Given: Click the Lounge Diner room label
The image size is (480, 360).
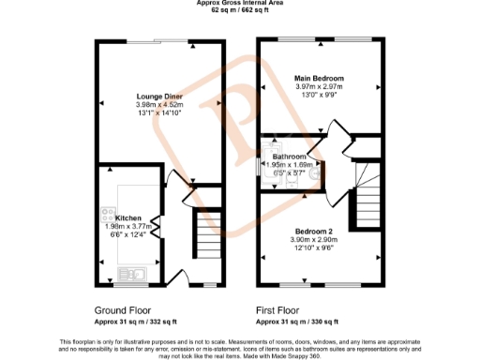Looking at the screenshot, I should click(x=159, y=97).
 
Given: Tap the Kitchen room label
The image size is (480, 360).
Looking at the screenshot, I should click(x=127, y=217).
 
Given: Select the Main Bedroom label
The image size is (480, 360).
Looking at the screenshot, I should click(x=319, y=78).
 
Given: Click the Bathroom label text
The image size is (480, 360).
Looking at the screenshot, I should click(x=290, y=157).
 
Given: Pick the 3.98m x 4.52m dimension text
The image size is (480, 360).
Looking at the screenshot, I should click(x=159, y=105).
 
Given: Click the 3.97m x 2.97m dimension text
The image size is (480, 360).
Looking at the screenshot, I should click(x=319, y=86).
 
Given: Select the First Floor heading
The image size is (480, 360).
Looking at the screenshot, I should click(x=283, y=309).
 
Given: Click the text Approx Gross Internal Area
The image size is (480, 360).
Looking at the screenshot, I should click(x=239, y=3).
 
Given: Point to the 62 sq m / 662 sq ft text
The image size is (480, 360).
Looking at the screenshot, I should click(x=239, y=10).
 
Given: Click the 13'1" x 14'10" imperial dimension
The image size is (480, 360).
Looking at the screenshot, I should click(x=159, y=113).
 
